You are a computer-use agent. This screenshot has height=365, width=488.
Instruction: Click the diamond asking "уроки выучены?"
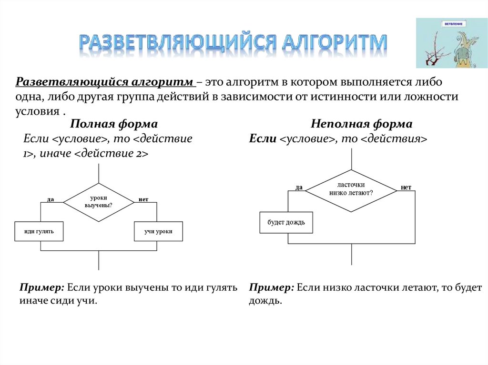(x=99, y=202)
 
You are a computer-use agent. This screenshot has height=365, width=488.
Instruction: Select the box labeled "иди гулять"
(x=39, y=231)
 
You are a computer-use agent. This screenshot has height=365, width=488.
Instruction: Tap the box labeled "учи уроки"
(x=158, y=231)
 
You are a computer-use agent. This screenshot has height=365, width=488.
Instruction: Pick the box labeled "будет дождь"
(x=286, y=222)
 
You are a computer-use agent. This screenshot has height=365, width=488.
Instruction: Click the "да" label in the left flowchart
(x=50, y=199)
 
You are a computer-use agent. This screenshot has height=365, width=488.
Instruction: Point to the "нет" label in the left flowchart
(x=143, y=199)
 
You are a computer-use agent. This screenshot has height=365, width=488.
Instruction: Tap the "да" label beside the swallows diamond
(x=299, y=187)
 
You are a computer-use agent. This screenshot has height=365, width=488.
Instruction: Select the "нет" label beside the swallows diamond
(x=406, y=187)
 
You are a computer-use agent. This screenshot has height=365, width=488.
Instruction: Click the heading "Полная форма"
(x=114, y=124)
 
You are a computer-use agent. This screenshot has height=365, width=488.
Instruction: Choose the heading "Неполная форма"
(x=362, y=124)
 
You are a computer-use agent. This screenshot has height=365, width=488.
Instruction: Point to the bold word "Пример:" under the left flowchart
(x=42, y=288)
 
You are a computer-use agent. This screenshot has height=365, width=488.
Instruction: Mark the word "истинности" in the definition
(x=338, y=97)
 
